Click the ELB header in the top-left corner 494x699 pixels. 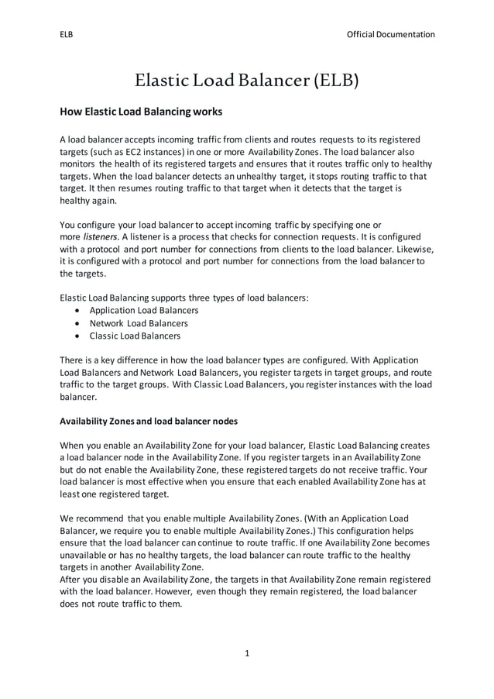tap(67, 34)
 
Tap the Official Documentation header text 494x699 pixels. tap(390, 34)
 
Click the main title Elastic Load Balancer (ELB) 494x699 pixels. tap(246, 81)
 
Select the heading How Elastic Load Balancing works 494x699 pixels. tap(141, 112)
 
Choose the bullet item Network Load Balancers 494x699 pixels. tap(138, 323)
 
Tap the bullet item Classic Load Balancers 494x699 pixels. tap(135, 336)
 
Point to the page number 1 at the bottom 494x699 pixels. tap(247, 653)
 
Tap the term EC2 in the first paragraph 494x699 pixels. tap(121, 151)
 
